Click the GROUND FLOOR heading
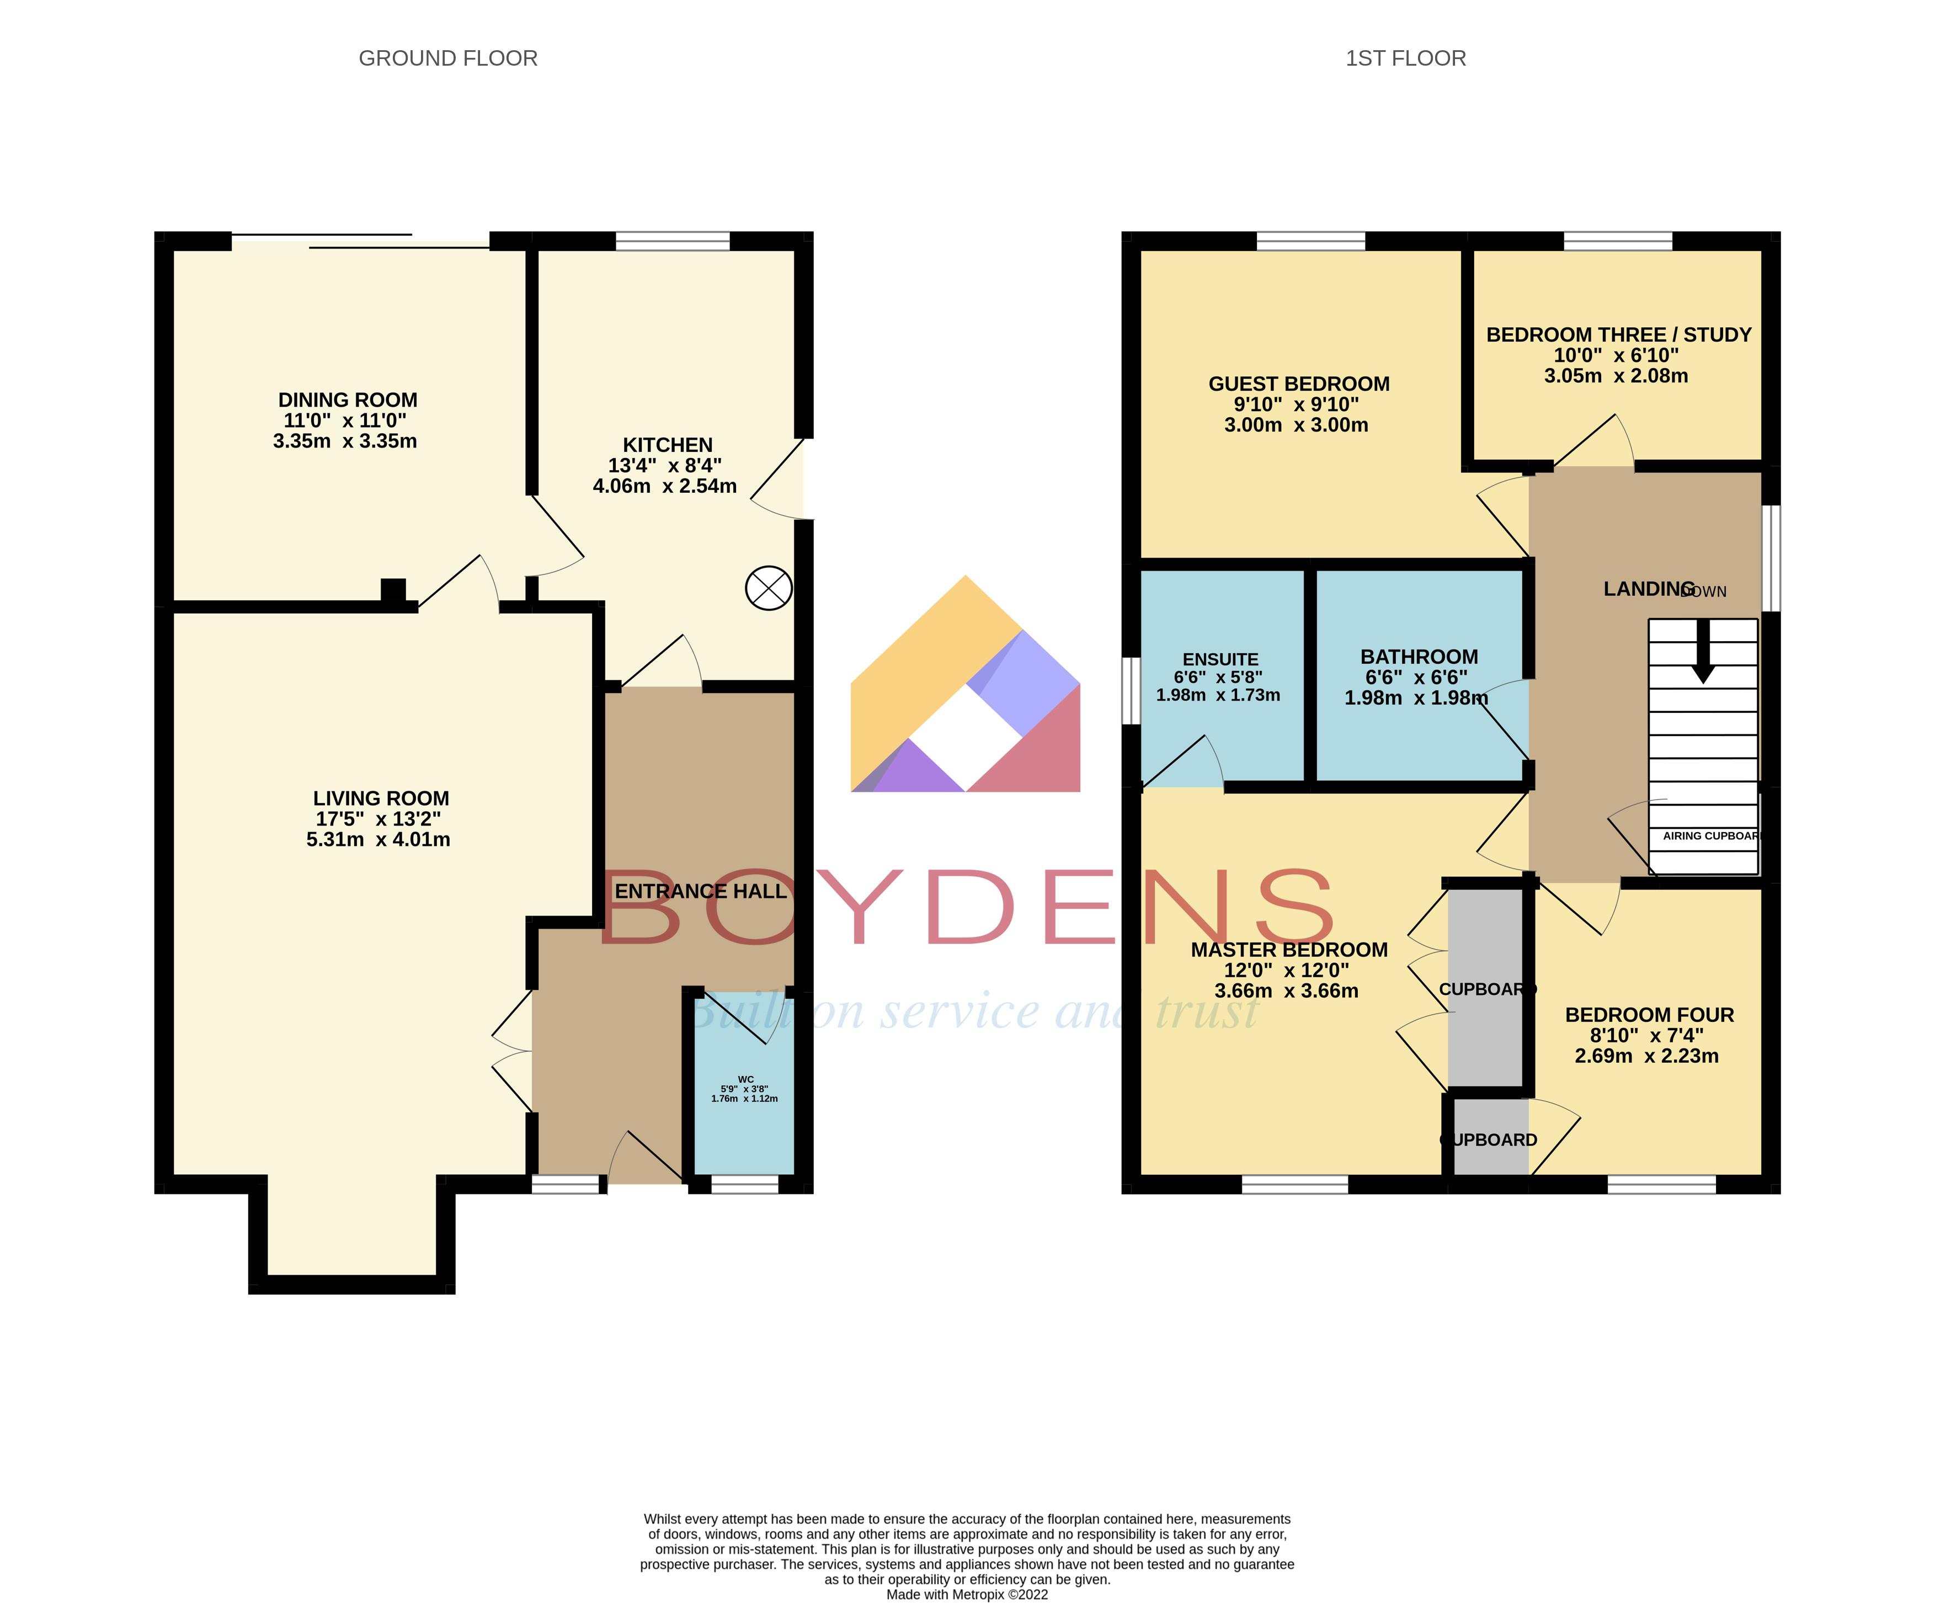click(448, 58)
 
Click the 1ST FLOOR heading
click(1405, 58)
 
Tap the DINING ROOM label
click(348, 400)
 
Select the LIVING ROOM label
click(381, 798)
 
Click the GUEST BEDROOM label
click(1298, 384)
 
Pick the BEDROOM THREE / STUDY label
click(1618, 334)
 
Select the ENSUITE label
click(1220, 659)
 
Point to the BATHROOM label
click(1419, 657)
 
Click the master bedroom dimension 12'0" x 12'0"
click(1286, 970)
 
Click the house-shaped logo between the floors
click(964, 686)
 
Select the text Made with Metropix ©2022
click(967, 1595)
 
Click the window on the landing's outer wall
click(1770, 557)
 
